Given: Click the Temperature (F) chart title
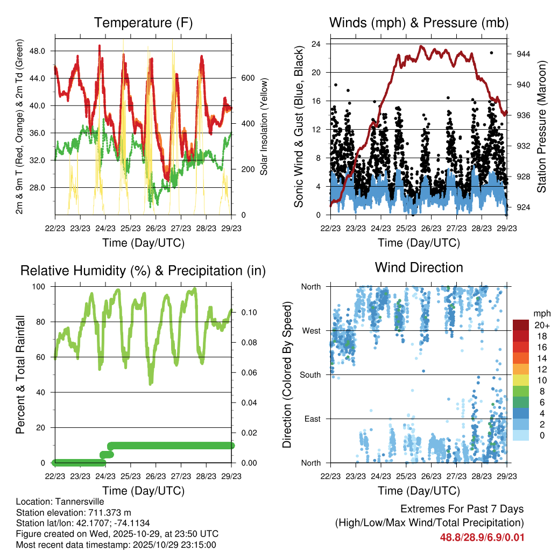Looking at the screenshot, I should [143, 23].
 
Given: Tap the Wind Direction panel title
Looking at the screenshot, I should [419, 267].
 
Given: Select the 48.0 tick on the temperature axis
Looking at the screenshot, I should [43, 51].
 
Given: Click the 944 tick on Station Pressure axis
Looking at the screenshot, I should [524, 54].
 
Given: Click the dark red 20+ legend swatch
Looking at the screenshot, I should [521, 325].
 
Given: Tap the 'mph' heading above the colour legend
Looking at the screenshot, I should [541, 313].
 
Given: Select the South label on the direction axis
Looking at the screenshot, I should [310, 375].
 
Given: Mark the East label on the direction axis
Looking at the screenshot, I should [313, 419].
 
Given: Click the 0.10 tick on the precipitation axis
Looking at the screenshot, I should [245, 313].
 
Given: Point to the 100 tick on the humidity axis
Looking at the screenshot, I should [41, 286].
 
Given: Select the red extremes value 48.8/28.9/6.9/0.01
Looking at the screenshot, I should [482, 537].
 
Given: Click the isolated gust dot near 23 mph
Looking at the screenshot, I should [491, 53].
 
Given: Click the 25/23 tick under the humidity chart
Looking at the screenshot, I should [130, 476].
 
